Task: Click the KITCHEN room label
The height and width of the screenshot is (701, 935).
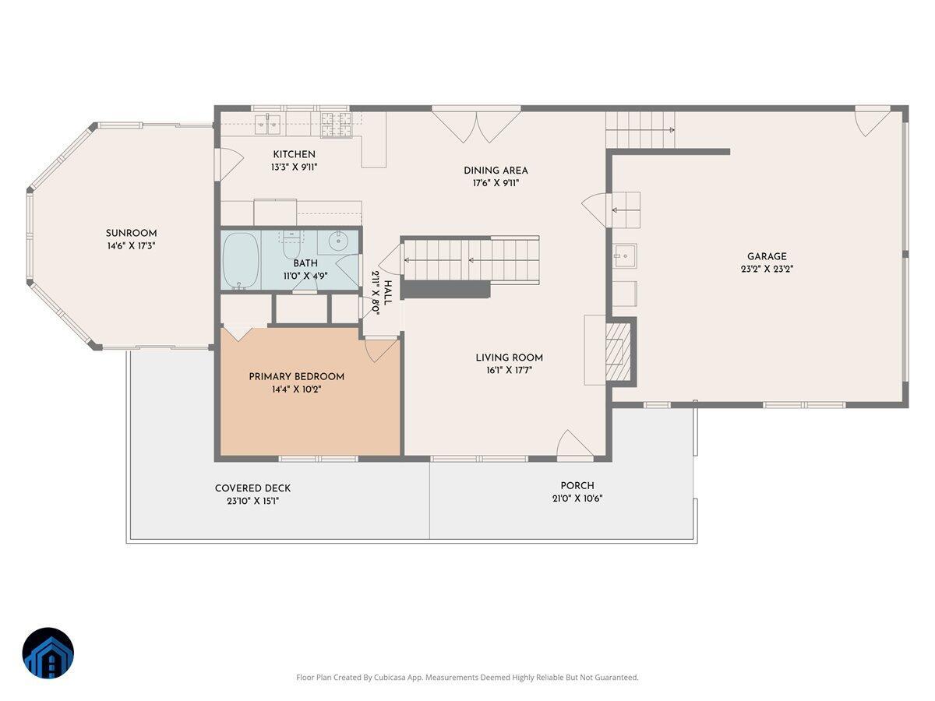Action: pos(294,154)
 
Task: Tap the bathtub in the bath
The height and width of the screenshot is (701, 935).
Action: pos(240,261)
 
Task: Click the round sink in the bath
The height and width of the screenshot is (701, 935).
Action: pos(337,241)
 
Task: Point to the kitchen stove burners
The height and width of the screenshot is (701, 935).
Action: pos(337,120)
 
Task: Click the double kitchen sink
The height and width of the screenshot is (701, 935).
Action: pos(269,121)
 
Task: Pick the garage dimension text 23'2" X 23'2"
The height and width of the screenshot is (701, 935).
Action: pos(767,269)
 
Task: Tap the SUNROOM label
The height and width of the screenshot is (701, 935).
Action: pos(131,233)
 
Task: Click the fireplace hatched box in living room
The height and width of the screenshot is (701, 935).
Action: pos(619,351)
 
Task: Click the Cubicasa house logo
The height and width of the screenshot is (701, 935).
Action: pos(48,653)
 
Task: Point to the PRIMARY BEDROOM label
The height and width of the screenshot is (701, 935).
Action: pos(296,376)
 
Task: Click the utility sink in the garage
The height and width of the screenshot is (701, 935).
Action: pos(624,255)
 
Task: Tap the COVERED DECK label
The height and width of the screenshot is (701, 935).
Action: pos(252,488)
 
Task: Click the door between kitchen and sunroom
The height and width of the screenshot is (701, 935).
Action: pos(219,164)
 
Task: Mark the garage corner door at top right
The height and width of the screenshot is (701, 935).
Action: pos(873,122)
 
